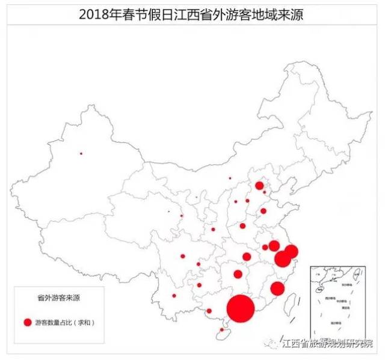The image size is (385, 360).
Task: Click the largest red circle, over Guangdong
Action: (x=241, y=308)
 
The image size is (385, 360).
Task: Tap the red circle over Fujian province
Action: (x=277, y=288)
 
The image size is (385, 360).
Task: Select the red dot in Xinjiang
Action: (x=81, y=153)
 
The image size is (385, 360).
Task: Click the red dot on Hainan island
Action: (x=222, y=329)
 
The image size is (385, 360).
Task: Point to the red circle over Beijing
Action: (x=259, y=186)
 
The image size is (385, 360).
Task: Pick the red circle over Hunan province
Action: (x=238, y=274)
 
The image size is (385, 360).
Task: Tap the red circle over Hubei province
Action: (x=247, y=257)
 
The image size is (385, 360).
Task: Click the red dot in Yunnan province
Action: (x=174, y=295)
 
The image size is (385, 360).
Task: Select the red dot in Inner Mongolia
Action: (x=230, y=178)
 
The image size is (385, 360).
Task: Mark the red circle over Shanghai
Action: (x=291, y=251)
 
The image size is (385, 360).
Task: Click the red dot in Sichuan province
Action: (x=183, y=256)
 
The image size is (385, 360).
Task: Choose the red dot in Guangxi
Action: (x=209, y=311)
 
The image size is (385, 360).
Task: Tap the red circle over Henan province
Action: (x=242, y=226)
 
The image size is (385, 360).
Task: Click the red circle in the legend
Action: (x=27, y=322)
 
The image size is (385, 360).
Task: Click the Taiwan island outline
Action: (x=294, y=297)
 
